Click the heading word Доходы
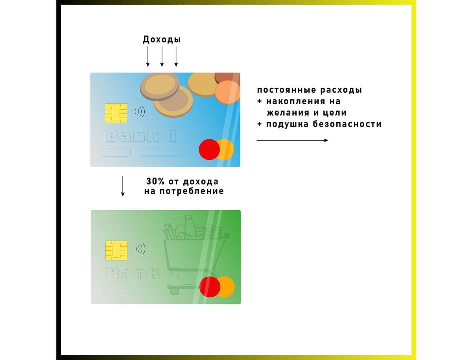pyautogui.click(x=162, y=40)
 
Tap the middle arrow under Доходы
pyautogui.click(x=162, y=57)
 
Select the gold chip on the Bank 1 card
pyautogui.click(x=116, y=113)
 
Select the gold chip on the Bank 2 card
pyautogui.click(x=116, y=250)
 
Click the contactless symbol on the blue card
pyautogui.click(x=140, y=112)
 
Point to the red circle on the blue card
pyautogui.click(x=209, y=149)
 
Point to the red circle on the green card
pyautogui.click(x=210, y=287)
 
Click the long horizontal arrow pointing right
pyautogui.click(x=292, y=140)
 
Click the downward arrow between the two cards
pyautogui.click(x=123, y=186)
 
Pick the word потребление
pyautogui.click(x=192, y=191)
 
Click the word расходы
pyautogui.click(x=341, y=90)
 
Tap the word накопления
pyautogui.click(x=296, y=101)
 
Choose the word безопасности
pyautogui.click(x=347, y=124)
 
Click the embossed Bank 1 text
pyautogui.click(x=141, y=136)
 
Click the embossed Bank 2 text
pyautogui.click(x=142, y=273)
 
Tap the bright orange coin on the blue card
pyautogui.click(x=227, y=92)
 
